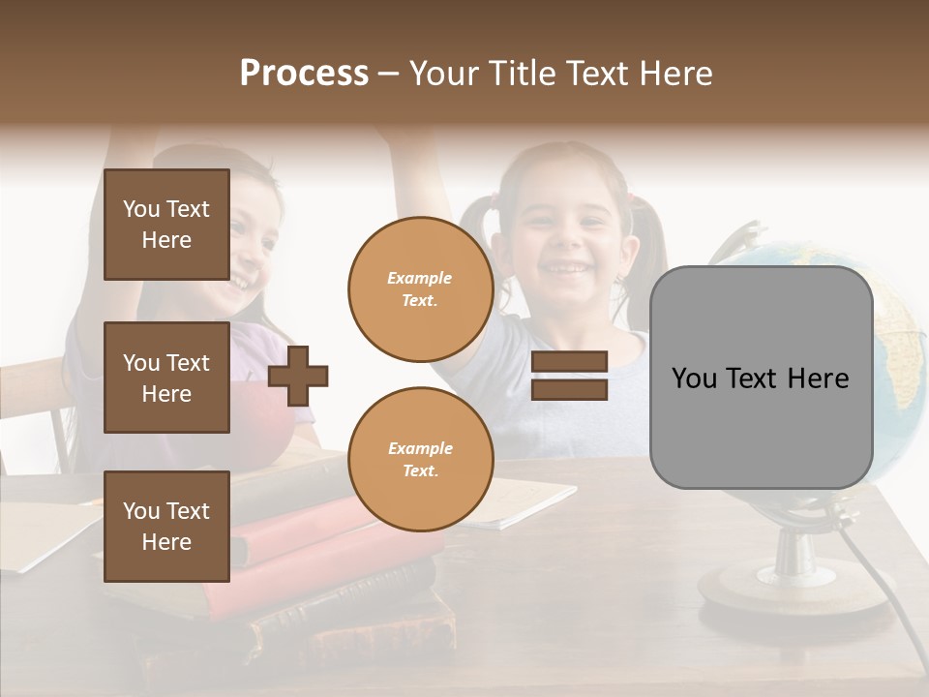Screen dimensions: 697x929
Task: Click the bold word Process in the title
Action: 304,74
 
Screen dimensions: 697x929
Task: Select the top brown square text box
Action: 166,225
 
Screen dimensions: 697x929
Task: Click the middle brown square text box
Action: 166,378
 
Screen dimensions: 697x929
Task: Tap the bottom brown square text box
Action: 166,527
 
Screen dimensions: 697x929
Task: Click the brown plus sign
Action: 298,376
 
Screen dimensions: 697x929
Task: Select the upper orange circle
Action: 420,288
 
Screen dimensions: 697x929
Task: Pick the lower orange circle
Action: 420,459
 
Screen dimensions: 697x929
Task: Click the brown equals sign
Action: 570,376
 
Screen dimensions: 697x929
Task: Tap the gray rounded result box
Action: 761,378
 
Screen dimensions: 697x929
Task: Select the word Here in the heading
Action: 676,74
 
